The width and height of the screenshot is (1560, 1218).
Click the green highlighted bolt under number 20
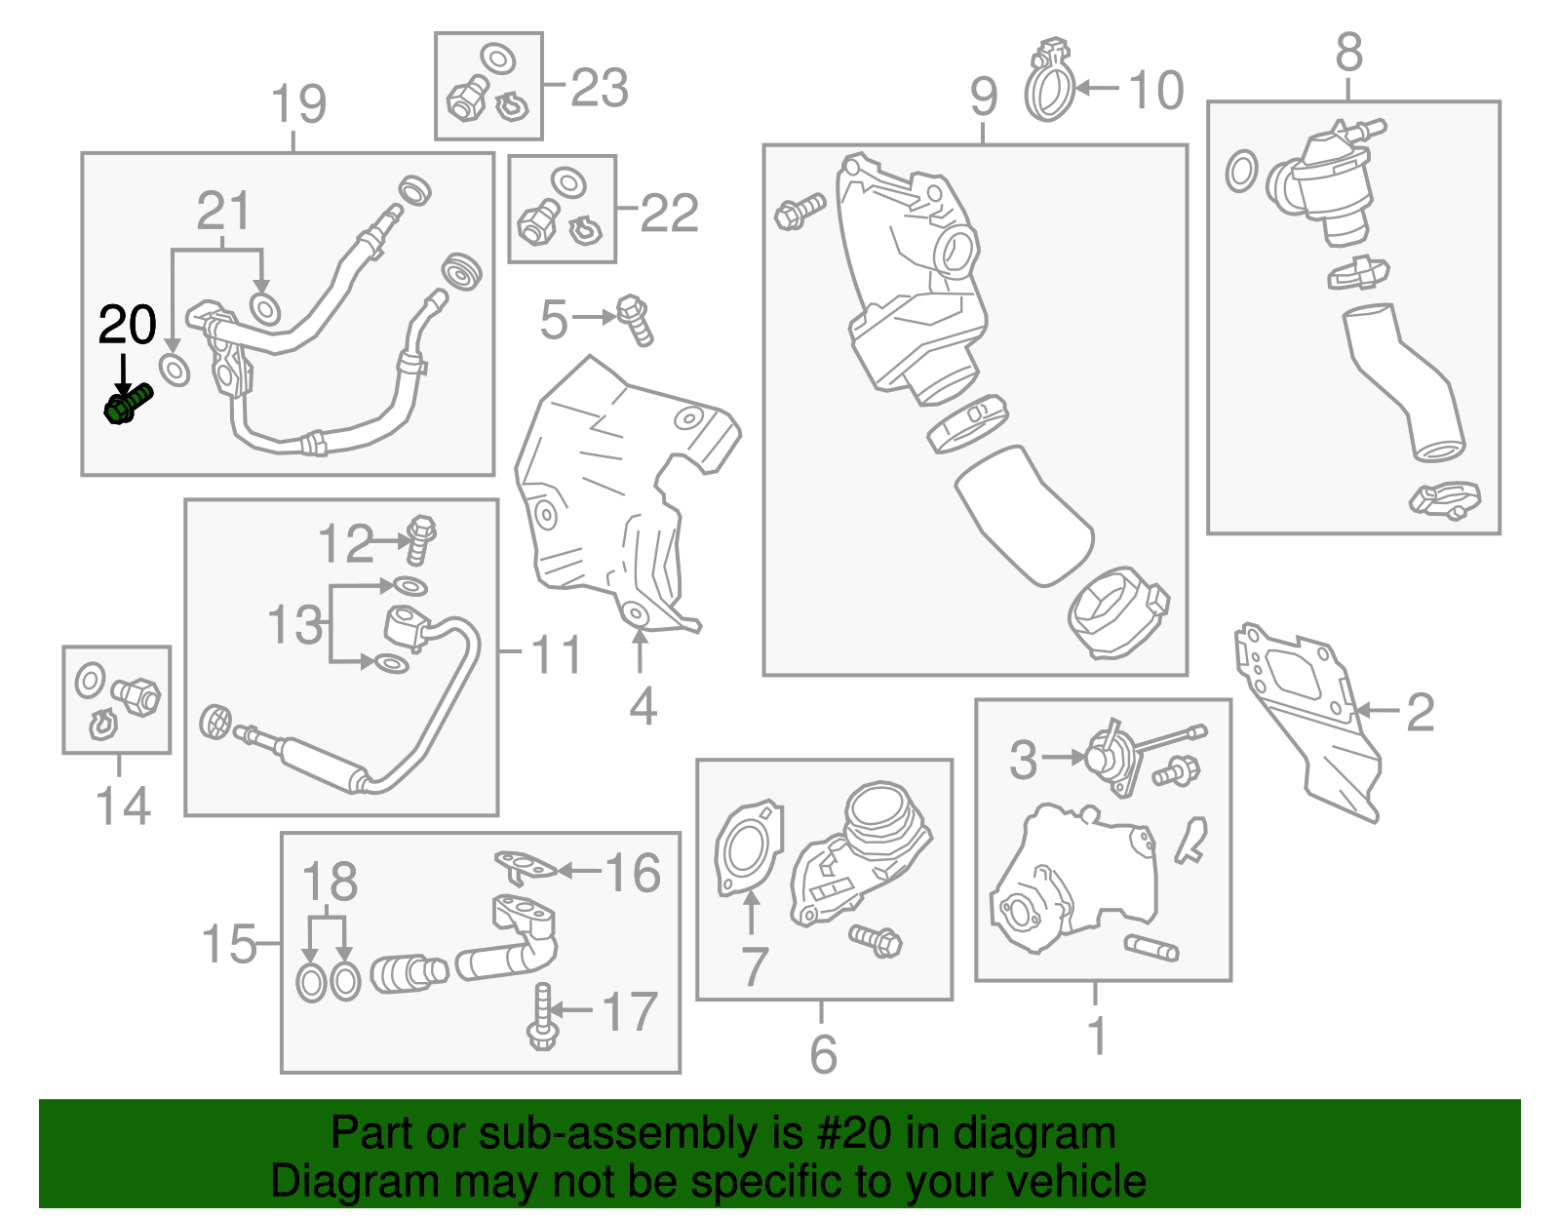click(x=128, y=404)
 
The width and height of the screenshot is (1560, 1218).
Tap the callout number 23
click(x=600, y=89)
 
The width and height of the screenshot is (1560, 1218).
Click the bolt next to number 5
click(x=635, y=320)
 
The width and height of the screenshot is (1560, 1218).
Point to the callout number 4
click(x=643, y=706)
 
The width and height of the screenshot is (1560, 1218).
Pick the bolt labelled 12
click(x=420, y=539)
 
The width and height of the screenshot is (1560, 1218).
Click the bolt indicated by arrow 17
click(x=542, y=1016)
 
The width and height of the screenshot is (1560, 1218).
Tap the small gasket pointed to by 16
click(x=526, y=866)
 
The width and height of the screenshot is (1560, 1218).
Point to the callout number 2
click(x=1420, y=712)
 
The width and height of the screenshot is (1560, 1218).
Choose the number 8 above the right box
click(x=1349, y=52)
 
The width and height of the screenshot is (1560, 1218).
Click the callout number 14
click(x=123, y=805)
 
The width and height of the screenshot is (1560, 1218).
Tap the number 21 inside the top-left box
click(x=223, y=211)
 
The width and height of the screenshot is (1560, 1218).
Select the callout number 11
click(x=556, y=654)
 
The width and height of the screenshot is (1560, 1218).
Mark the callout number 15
click(x=229, y=943)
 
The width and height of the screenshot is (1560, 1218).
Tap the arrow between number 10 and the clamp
click(x=1097, y=89)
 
